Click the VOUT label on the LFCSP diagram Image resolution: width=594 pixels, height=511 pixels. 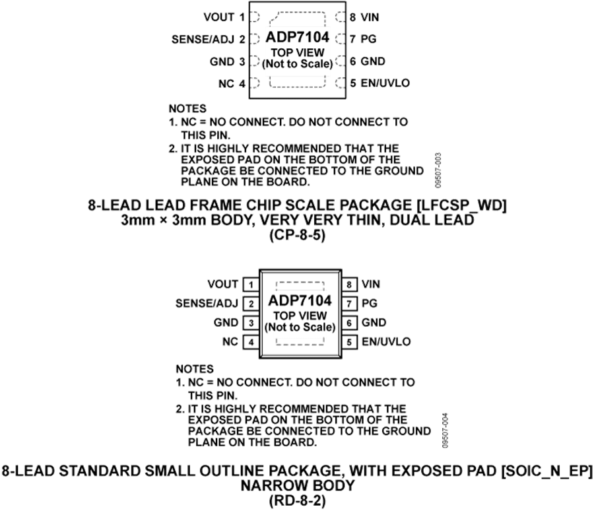219,17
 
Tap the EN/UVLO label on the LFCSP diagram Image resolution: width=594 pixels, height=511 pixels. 385,83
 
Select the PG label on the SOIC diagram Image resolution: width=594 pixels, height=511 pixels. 370,303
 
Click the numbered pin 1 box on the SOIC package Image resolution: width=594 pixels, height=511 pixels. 251,285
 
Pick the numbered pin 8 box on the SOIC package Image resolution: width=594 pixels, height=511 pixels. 349,285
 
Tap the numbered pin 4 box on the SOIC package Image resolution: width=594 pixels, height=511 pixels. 251,342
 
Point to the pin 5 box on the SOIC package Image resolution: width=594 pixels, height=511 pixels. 349,342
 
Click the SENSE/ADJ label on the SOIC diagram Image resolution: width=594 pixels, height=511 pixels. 207,303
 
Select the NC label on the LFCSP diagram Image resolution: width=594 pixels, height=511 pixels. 226,83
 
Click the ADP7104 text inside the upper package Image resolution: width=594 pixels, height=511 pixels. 298,37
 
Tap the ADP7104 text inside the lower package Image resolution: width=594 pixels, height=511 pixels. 300,300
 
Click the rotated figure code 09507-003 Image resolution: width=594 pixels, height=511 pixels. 438,170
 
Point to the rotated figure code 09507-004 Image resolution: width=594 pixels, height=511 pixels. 445,430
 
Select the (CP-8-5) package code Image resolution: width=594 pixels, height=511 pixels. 298,236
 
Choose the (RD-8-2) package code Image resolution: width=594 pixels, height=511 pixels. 298,501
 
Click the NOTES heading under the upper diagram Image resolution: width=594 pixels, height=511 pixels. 187,109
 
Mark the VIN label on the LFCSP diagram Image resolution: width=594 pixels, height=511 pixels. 370,17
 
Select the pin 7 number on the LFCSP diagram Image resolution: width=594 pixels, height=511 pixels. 352,39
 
